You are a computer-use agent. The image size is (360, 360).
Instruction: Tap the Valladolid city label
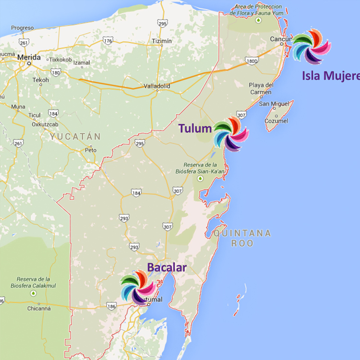[157, 86]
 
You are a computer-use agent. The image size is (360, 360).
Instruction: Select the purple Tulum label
[195, 128]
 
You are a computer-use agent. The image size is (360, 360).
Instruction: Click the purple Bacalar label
[167, 267]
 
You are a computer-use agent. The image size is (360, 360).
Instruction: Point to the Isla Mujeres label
[331, 75]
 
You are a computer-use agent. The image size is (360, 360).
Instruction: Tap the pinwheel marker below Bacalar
[137, 288]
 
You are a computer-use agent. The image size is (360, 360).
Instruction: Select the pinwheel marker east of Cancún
[311, 47]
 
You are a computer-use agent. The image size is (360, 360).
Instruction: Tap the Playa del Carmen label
[261, 88]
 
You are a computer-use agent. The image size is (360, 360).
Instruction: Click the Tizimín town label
[161, 41]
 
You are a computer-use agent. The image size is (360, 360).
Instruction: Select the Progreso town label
[22, 28]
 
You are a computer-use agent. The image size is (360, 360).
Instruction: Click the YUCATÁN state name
[75, 137]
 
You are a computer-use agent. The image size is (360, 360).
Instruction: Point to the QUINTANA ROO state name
[242, 238]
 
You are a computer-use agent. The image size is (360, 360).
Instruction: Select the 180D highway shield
[251, 61]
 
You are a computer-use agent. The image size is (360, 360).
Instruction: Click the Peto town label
[91, 150]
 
